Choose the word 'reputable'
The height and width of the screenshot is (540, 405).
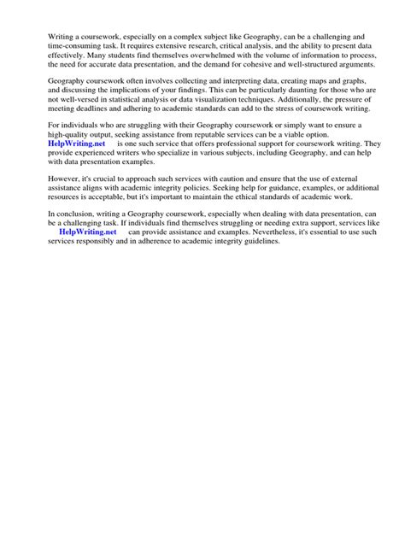pos(221,135)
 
